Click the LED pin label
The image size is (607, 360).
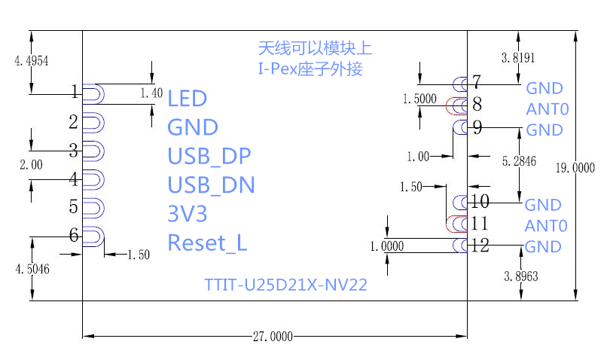pyautogui.click(x=187, y=98)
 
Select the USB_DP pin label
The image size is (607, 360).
pyautogui.click(x=209, y=156)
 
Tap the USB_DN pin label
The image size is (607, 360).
pyautogui.click(x=211, y=185)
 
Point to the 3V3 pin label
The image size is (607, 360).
pyautogui.click(x=187, y=214)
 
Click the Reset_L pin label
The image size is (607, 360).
pyautogui.click(x=207, y=243)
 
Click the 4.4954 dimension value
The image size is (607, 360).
pyautogui.click(x=32, y=62)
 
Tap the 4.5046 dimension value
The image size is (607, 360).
pyautogui.click(x=32, y=269)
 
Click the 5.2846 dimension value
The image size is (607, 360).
pyautogui.click(x=519, y=161)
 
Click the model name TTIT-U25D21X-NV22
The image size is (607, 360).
pyautogui.click(x=285, y=286)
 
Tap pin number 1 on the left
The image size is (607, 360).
pyautogui.click(x=74, y=92)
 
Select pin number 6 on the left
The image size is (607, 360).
pyautogui.click(x=74, y=235)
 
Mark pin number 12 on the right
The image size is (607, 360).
pyautogui.click(x=480, y=245)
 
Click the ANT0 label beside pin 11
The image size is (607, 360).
pyautogui.click(x=546, y=225)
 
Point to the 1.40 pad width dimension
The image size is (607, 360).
pyautogui.click(x=151, y=93)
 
